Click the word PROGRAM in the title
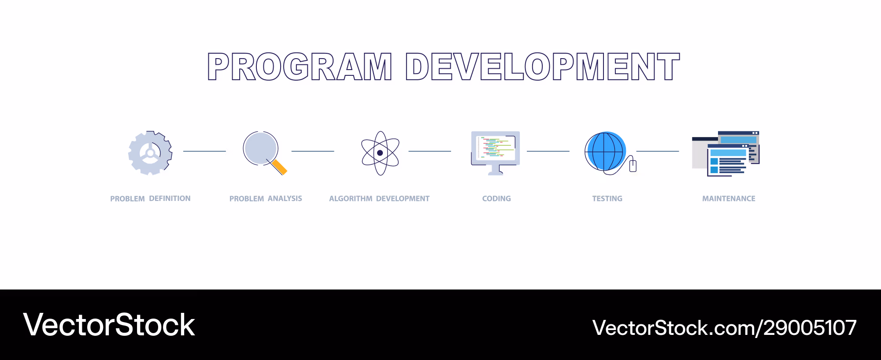pos(300,67)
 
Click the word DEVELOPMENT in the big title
pos(543,67)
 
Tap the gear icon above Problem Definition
pos(150,153)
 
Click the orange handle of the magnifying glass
pos(279,167)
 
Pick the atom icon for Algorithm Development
pos(380,153)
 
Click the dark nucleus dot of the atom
pos(380,153)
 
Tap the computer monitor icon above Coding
pos(496,153)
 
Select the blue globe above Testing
pos(606,151)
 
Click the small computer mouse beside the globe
pos(633,166)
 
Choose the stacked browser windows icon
pos(726,154)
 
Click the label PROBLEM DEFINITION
pos(150,199)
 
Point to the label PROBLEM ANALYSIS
pos(266,199)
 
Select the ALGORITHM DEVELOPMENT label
pos(379,199)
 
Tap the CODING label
pos(496,199)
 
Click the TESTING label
pos(607,199)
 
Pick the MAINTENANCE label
pos(729,199)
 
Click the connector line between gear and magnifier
pos(204,151)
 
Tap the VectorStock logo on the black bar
pos(109,325)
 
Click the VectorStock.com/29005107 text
pos(725,328)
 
